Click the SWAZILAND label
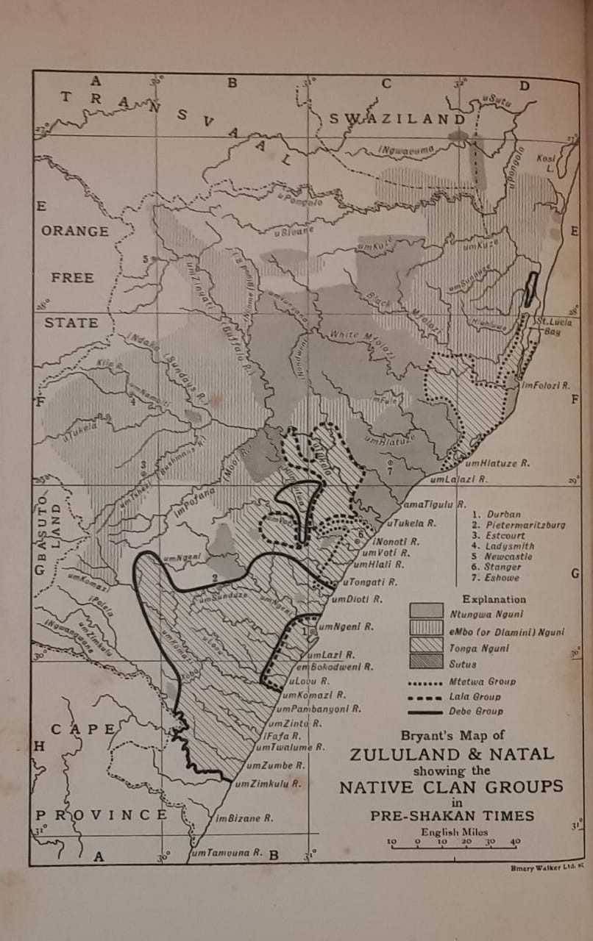coord(397,119)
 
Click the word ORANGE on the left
coord(75,231)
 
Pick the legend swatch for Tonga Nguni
coord(426,646)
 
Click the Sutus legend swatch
coord(426,663)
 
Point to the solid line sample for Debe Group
coord(425,712)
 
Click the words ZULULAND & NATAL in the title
coord(452,755)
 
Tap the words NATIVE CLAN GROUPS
coord(451,787)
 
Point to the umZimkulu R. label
coord(269,784)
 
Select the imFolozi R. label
coord(546,385)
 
